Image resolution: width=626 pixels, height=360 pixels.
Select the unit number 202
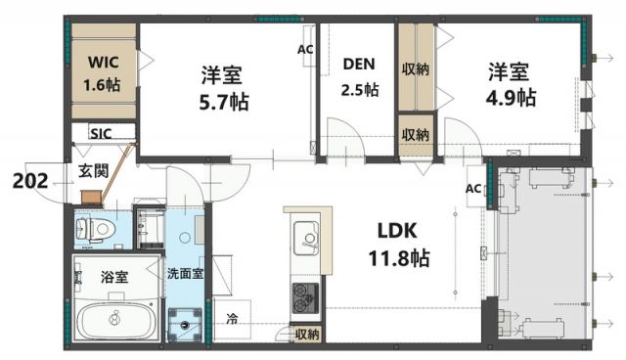coord(31,180)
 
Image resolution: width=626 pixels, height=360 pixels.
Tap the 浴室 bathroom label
coord(115,277)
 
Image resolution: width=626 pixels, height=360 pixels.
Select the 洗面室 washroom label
coord(184,274)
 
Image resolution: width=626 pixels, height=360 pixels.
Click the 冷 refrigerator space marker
coord(232,318)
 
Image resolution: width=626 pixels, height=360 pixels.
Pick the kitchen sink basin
coord(304,237)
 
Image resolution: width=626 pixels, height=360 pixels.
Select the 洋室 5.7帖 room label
coord(222,85)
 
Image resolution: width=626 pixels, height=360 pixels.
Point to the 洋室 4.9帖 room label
coord(511,85)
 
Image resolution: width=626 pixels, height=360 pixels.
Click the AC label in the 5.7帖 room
coord(305,47)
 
